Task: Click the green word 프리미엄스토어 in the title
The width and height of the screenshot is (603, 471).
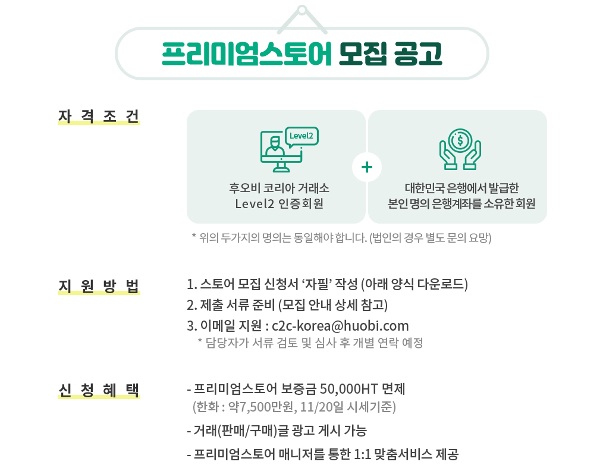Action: point(246,54)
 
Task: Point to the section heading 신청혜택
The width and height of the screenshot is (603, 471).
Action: point(99,390)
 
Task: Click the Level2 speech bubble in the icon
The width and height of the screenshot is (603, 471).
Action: point(301,136)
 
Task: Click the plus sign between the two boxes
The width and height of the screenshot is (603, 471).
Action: point(367,168)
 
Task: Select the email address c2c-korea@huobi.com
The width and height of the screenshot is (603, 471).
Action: point(340,326)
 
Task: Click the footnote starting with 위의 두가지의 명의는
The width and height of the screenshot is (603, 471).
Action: point(341,238)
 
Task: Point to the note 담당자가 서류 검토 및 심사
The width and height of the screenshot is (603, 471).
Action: point(309,343)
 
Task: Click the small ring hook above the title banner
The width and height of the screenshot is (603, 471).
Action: point(302,11)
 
